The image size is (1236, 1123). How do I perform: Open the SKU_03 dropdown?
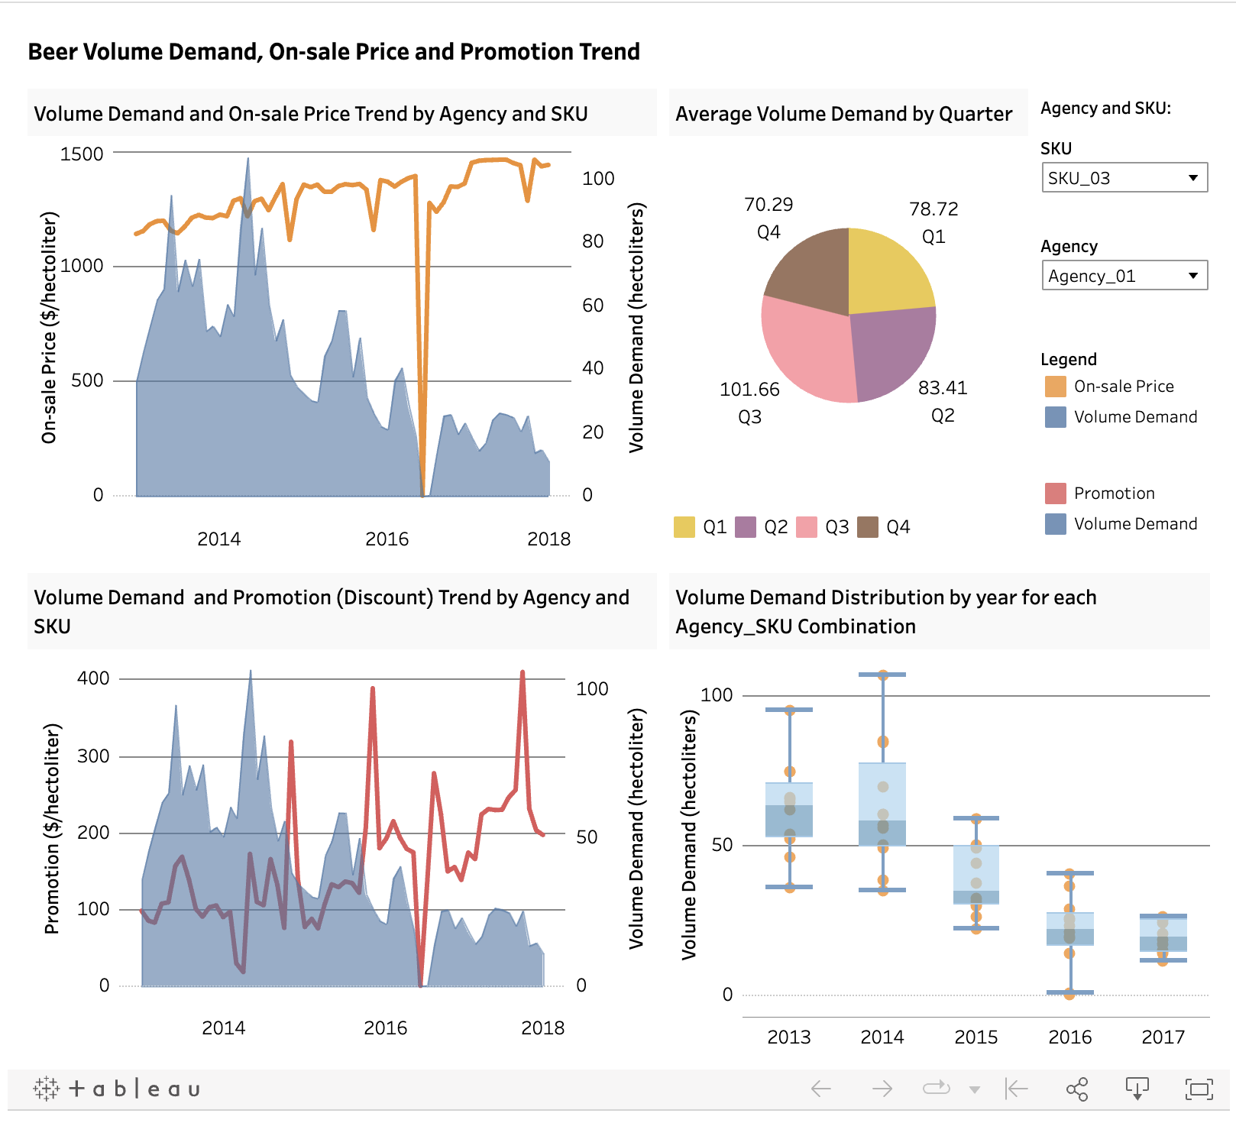click(x=1124, y=178)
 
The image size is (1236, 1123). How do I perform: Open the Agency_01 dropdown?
click(x=1124, y=276)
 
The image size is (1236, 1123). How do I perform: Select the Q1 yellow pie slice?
click(x=886, y=271)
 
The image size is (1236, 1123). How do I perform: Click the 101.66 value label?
click(x=749, y=390)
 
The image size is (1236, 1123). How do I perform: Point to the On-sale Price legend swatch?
click(x=1055, y=387)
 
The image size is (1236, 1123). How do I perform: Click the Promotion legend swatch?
click(x=1055, y=494)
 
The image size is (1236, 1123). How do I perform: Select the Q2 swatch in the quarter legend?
click(x=745, y=527)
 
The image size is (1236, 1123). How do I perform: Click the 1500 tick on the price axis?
click(x=82, y=154)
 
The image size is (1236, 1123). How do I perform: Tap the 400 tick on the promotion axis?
click(x=93, y=678)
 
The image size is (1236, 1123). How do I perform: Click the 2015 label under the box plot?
click(x=976, y=1037)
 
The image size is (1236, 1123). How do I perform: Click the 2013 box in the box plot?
click(x=789, y=810)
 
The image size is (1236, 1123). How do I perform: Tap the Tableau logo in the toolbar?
click(x=117, y=1089)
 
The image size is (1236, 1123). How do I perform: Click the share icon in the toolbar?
click(x=1076, y=1089)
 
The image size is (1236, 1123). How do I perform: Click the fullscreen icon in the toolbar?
click(x=1198, y=1089)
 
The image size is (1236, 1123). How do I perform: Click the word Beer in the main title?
click(x=53, y=52)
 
